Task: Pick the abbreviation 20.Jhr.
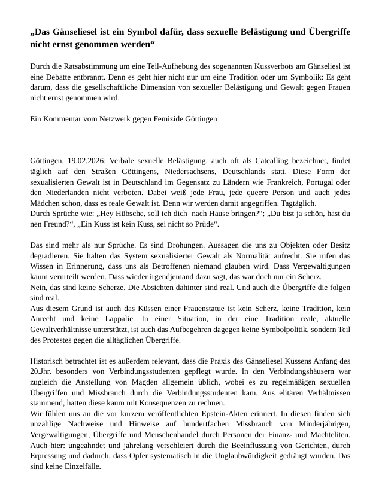pyautogui.click(x=41, y=372)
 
